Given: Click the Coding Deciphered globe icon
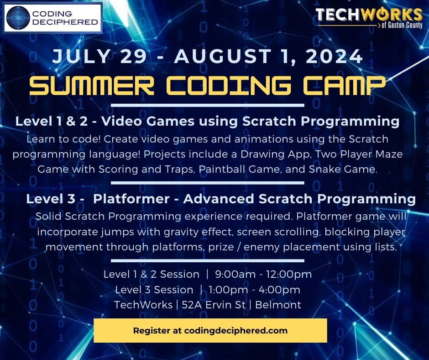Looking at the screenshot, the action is click(x=18, y=18).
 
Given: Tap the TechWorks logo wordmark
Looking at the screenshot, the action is click(x=369, y=15).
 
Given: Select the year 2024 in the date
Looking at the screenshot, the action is click(x=334, y=56).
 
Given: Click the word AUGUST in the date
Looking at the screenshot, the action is click(x=223, y=56).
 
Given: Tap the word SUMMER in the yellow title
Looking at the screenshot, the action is click(x=92, y=85).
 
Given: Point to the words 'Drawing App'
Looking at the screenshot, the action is click(x=275, y=154).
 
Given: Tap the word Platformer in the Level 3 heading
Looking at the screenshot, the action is click(x=131, y=199).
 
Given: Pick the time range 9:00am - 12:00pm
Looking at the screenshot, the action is click(x=263, y=274).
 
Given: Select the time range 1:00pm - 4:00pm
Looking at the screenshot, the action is click(x=254, y=290).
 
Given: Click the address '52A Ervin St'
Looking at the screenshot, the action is click(x=214, y=305).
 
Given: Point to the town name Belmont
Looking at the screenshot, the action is click(x=278, y=305).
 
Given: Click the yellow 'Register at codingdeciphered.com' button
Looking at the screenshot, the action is click(x=210, y=330).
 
